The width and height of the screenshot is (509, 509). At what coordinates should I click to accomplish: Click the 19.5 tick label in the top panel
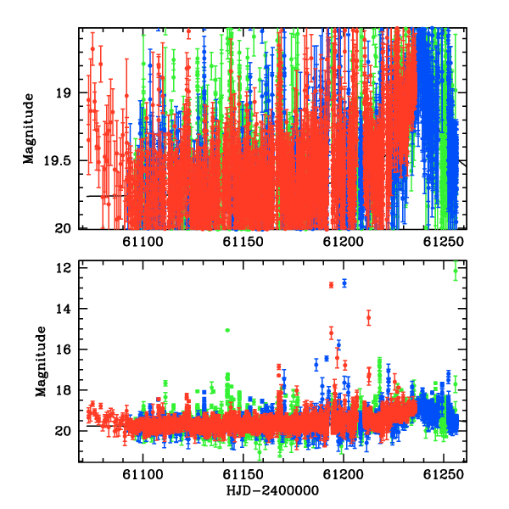pos(57,161)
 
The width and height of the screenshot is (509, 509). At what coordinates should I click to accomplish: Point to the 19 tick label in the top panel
pos(64,93)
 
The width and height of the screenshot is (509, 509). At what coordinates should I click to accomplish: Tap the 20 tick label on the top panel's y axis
pos(63,229)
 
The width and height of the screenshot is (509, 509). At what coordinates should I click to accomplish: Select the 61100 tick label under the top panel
pos(143,242)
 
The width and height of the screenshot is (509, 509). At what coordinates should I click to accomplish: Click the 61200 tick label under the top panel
pos(343,242)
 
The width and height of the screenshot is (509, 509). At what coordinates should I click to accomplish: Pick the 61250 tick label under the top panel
pos(444,242)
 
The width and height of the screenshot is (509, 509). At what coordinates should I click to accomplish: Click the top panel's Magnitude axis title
pos(29,129)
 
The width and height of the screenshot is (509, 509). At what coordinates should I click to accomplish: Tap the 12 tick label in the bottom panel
pos(64,268)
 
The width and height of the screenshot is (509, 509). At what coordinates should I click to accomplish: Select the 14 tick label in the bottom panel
pos(64,309)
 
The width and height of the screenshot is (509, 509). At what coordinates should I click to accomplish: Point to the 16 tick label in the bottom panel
pos(64,350)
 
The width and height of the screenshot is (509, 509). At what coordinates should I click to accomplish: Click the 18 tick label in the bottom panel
pos(64,390)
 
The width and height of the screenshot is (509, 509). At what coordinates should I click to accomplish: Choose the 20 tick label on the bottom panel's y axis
pos(63,431)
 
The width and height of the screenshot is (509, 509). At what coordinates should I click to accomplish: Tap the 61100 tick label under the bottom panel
pos(143,475)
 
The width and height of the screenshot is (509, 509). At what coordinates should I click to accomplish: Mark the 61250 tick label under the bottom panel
pos(444,475)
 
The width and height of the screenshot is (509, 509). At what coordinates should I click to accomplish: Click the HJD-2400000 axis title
pos(272,490)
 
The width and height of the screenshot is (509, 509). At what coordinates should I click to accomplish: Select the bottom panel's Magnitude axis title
pos(41,361)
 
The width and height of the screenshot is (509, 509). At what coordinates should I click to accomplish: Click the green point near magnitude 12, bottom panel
pos(456,271)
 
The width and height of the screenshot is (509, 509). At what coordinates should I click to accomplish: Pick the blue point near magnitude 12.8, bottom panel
pos(344,283)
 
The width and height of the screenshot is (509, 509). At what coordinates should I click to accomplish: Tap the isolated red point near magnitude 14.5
pos(369,318)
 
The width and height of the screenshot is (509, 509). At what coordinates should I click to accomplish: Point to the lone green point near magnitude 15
pos(227,330)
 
